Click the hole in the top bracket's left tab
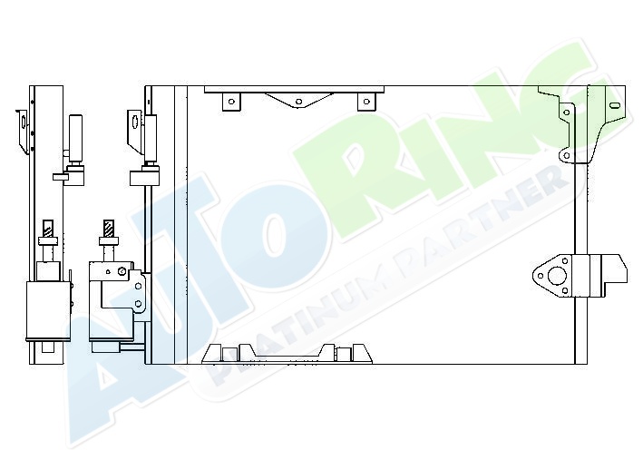click(x=231, y=102)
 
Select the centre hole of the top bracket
click(x=299, y=102)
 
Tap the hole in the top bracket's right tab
click(x=367, y=101)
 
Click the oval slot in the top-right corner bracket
click(x=614, y=105)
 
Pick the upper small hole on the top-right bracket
click(x=567, y=112)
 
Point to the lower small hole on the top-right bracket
click(x=566, y=155)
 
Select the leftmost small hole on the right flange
click(x=541, y=275)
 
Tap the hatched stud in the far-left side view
click(x=48, y=229)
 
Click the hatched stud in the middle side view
click(x=109, y=229)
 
